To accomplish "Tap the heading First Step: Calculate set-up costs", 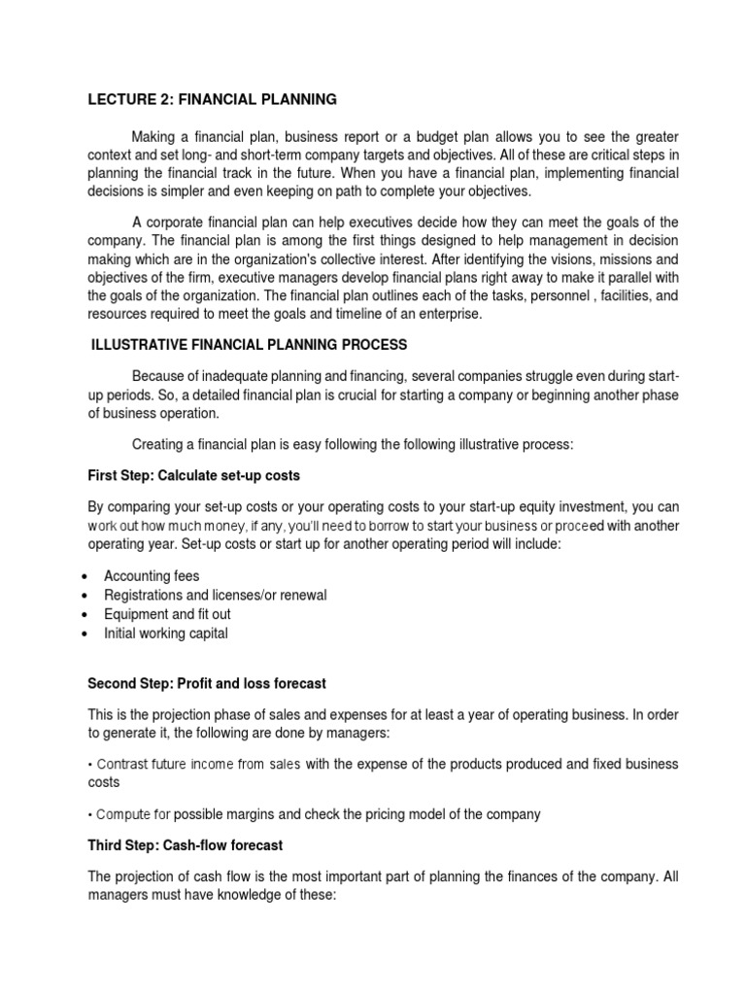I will (193, 475).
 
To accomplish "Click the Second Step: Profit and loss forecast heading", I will (207, 683).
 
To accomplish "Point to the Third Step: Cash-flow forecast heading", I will (185, 845).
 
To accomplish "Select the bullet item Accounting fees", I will (152, 576).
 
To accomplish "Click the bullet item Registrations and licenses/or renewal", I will (215, 595).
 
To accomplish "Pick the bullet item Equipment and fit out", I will (167, 614).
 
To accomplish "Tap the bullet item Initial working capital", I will (165, 634).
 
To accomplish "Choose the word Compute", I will (122, 814).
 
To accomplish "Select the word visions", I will (557, 258).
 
